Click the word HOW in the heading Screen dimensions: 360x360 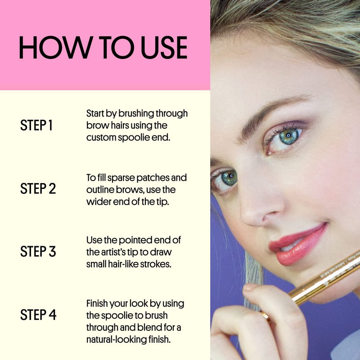tap(54, 47)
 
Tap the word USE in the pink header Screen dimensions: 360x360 tap(164, 47)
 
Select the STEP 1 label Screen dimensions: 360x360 tap(36, 126)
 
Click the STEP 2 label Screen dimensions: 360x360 tap(38, 189)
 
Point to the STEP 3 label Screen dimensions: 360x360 tap(38, 252)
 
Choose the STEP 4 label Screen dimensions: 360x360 tap(38, 315)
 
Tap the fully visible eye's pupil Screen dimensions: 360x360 tap(288, 135)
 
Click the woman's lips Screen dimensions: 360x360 tap(298, 244)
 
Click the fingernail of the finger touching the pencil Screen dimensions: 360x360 tap(250, 287)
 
